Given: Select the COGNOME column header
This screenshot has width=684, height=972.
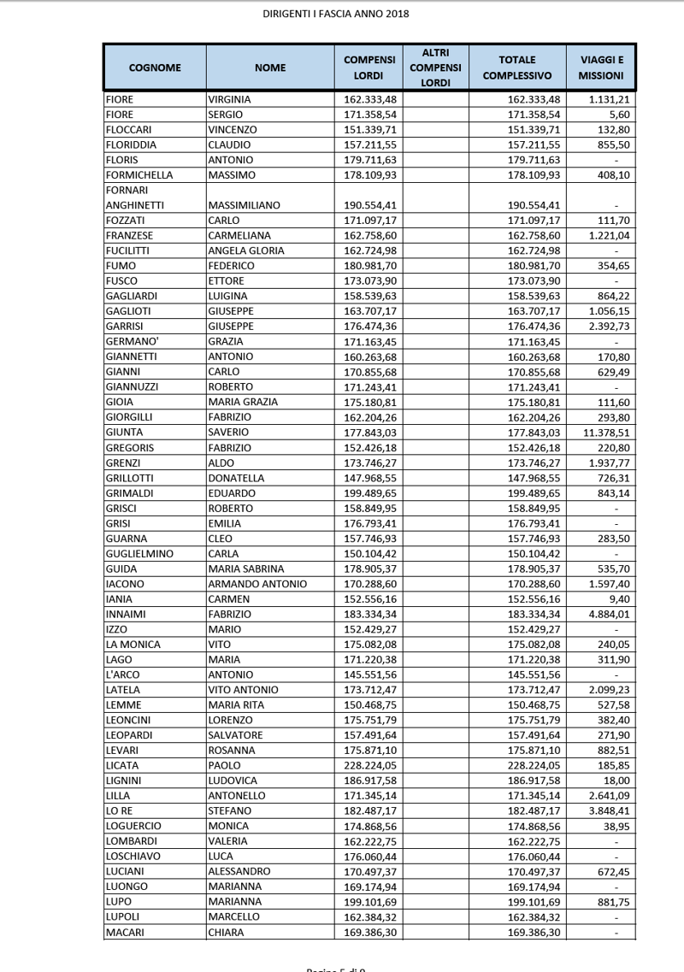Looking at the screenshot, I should pos(155,68).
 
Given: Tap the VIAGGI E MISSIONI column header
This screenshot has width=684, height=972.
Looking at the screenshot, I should pos(601,68).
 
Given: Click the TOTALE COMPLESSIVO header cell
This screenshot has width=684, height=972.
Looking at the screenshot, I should pos(517,68).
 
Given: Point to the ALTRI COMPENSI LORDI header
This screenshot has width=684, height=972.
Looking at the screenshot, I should pos(435,68).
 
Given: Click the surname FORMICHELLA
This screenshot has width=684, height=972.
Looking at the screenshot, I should pos(139,175).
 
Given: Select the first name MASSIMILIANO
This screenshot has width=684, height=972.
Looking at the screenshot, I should pos(245,205).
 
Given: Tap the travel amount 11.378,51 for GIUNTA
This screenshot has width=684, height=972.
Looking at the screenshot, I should pos(602,433).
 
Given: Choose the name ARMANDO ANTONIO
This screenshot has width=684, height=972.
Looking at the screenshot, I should pos(257,584).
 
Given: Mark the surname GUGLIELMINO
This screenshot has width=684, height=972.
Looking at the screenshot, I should pos(139,553).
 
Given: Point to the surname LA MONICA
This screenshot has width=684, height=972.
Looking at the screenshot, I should pos(133,645).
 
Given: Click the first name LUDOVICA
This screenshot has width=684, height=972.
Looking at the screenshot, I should pos(234,781).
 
